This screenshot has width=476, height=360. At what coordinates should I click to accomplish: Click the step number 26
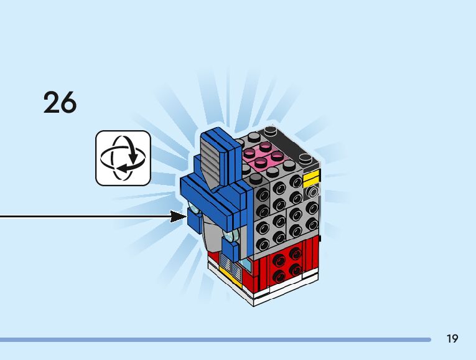coord(60,102)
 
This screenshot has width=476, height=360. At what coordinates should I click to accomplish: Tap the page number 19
coord(452,339)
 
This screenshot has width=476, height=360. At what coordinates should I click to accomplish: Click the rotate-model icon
coord(123,158)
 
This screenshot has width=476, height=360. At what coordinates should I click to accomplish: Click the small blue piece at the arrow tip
coord(194,216)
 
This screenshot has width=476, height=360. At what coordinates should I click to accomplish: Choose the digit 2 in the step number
coord(52,102)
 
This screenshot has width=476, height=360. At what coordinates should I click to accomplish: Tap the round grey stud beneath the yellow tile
coord(311,193)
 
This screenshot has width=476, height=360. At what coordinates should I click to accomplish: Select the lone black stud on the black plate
coord(269,131)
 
